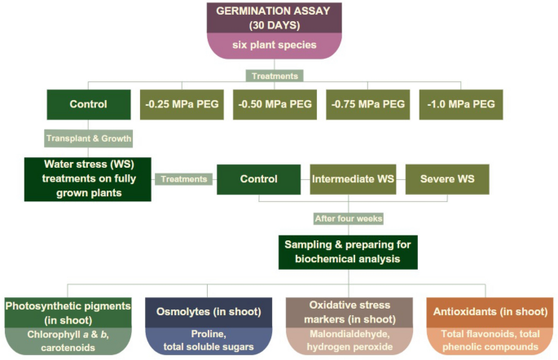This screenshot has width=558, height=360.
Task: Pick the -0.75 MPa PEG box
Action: pyautogui.click(x=367, y=104)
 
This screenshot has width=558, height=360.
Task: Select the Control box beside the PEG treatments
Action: pyautogui.click(x=89, y=104)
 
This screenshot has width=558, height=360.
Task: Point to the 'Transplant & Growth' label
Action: pyautogui.click(x=89, y=137)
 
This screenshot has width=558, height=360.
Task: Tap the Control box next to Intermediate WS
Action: pyautogui.click(x=257, y=179)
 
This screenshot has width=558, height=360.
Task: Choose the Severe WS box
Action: pyautogui.click(x=447, y=179)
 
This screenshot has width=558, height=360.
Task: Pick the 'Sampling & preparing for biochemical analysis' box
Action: pyautogui.click(x=348, y=252)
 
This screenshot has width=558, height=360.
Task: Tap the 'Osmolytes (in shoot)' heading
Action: pyautogui.click(x=208, y=312)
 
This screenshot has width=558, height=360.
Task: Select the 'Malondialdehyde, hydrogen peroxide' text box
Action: pyautogui.click(x=348, y=341)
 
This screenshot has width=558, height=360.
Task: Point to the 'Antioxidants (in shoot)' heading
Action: pyautogui.click(x=488, y=312)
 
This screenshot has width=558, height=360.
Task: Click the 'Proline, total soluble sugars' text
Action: pyautogui.click(x=208, y=341)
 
